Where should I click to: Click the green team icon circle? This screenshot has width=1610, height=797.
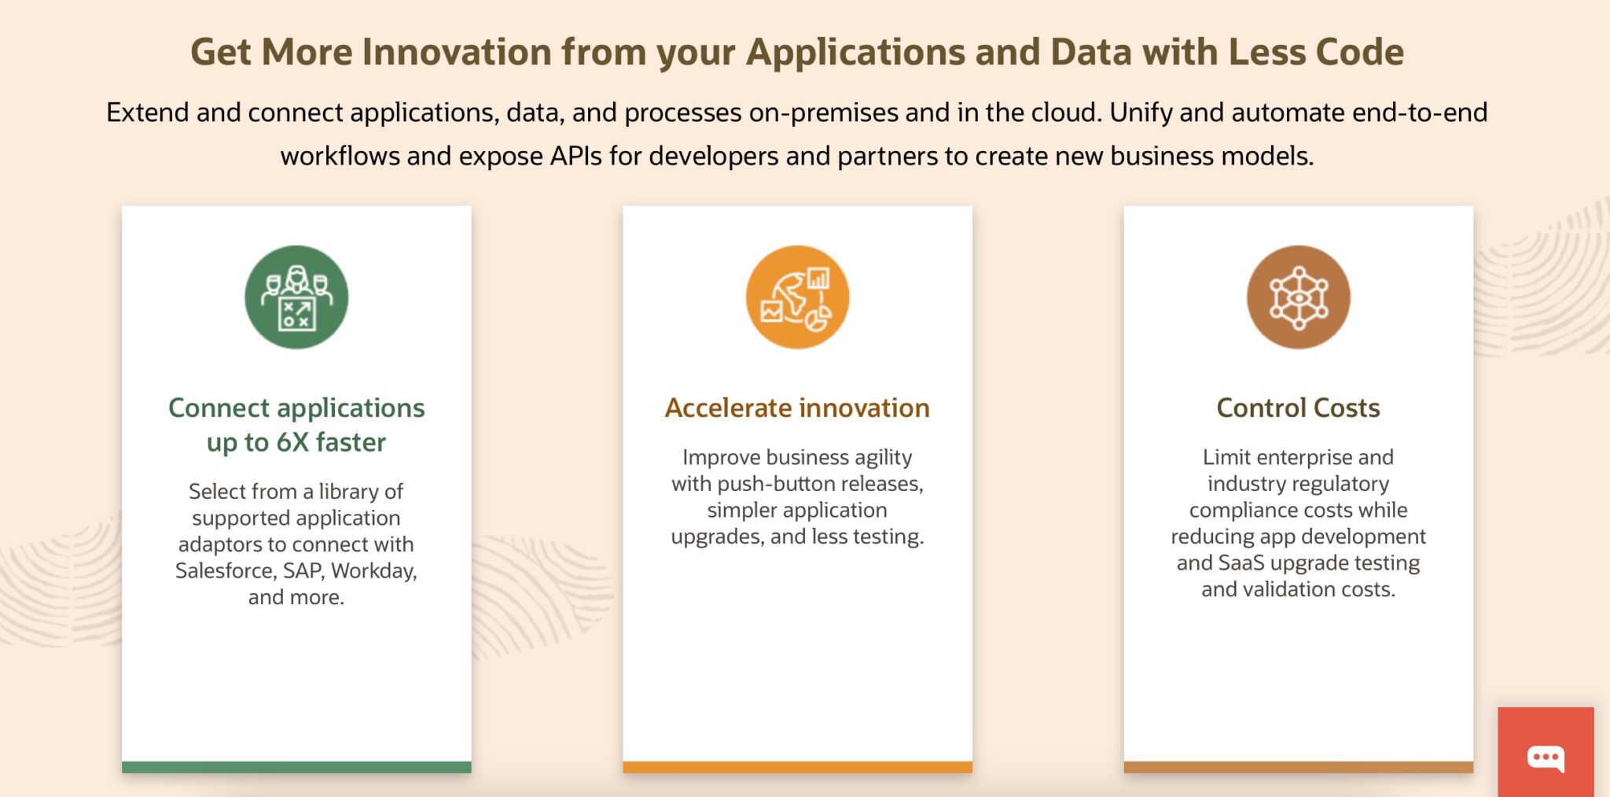click(x=296, y=297)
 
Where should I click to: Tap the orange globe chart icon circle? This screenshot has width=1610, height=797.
click(x=797, y=297)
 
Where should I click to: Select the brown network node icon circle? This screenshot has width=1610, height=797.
click(x=1298, y=297)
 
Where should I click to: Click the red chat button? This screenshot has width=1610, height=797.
click(x=1546, y=755)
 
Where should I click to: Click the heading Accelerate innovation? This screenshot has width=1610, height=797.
click(x=797, y=408)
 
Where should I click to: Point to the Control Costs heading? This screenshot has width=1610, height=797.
click(x=1298, y=408)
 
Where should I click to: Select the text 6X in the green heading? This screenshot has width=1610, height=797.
click(x=292, y=442)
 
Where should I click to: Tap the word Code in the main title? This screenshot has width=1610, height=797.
click(x=1359, y=52)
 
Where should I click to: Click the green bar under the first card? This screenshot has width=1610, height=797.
click(x=296, y=766)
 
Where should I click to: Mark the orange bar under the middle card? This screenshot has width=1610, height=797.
click(x=797, y=766)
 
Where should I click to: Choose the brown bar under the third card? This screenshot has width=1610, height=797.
click(x=1298, y=766)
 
